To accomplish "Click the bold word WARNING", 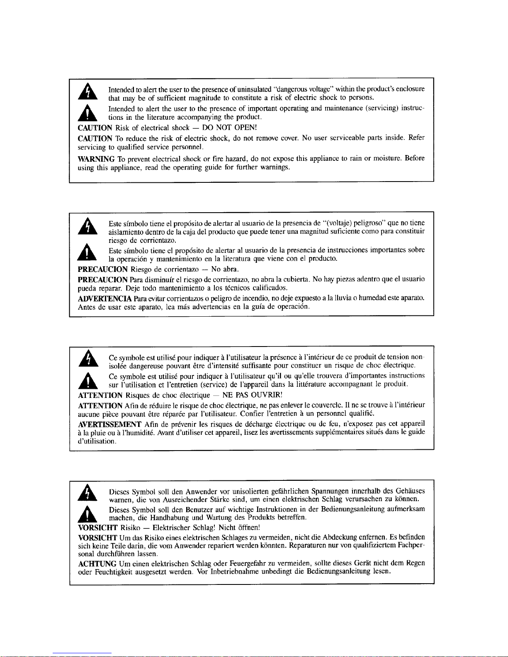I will tap(96, 158).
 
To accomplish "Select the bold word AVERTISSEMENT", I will tap(110, 424).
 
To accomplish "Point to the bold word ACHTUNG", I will tap(97, 563).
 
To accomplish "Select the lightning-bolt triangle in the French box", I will tap(88, 359).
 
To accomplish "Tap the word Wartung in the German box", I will tap(219, 518).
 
